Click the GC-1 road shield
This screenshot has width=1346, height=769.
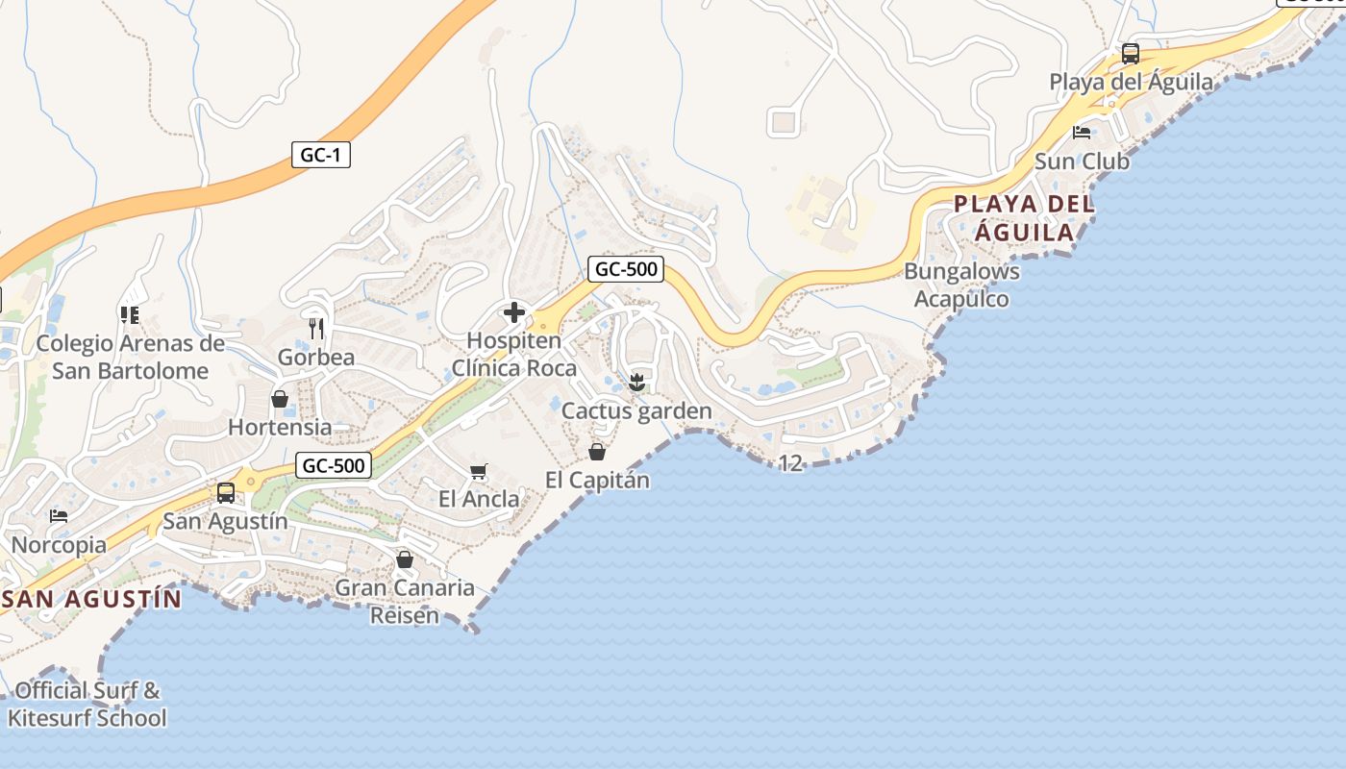pos(320,154)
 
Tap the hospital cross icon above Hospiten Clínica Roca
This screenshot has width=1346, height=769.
pos(514,311)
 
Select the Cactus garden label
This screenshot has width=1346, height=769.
pos(636,411)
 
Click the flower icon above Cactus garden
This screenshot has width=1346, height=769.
pos(636,383)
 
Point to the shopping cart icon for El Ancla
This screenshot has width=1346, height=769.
pos(478,471)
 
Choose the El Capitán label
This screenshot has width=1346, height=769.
pos(597,480)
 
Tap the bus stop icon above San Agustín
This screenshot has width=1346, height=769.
pos(226,493)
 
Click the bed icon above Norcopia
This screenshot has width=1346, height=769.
pos(59,516)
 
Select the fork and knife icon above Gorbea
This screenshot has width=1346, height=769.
pos(315,329)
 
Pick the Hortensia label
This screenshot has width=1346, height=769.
pos(280,426)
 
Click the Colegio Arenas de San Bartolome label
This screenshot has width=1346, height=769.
pos(130,357)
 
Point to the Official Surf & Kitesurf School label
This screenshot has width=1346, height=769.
pos(87,704)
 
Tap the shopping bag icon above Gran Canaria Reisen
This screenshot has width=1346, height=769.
pos(405,558)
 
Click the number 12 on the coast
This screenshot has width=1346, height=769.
pos(789,463)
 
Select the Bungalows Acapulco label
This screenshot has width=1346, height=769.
pos(961,285)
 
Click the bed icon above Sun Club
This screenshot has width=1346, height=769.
pos(1082,133)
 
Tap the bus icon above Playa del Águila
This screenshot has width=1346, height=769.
pos(1131,53)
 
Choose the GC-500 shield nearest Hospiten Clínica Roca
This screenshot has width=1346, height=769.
pos(627,269)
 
